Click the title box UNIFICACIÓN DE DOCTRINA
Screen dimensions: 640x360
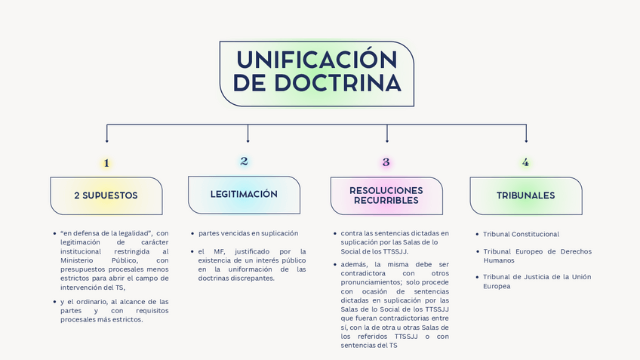pos(316,73)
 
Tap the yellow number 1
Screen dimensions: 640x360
pos(106,163)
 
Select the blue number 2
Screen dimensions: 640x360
pos(244,162)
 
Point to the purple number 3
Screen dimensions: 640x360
pos(386,162)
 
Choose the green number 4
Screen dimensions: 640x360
pos(525,163)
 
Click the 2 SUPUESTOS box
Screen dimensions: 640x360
pos(106,195)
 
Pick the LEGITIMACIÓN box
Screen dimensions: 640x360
pos(244,195)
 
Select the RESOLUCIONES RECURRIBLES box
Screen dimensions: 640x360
pos(386,195)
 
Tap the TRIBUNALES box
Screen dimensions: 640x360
pos(525,195)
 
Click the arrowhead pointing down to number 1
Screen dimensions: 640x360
pos(106,140)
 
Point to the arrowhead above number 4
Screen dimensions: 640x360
pos(526,140)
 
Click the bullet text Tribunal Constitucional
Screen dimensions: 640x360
pos(521,235)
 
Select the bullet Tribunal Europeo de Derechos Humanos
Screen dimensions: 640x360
pos(537,256)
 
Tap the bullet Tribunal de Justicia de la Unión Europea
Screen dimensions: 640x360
pos(537,282)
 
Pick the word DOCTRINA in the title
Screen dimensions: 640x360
pos(316,84)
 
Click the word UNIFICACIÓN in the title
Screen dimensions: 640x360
pos(316,60)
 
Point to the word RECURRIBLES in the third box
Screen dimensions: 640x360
pos(386,201)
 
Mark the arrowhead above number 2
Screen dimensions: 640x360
pos(248,140)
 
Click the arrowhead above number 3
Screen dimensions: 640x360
pos(387,140)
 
